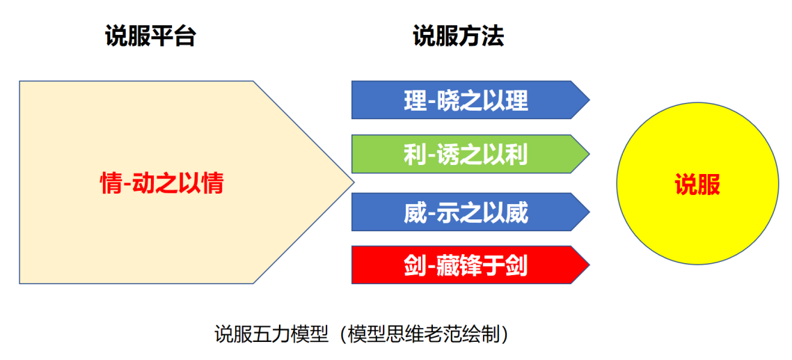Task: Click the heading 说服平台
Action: click(x=150, y=36)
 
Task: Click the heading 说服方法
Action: click(x=457, y=36)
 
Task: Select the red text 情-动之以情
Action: click(x=161, y=184)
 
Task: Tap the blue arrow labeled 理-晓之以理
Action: click(x=466, y=100)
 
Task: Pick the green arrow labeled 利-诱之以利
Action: click(x=466, y=154)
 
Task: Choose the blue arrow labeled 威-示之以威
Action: click(x=466, y=212)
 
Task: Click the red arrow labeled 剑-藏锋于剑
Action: click(x=466, y=265)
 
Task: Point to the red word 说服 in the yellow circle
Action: click(x=697, y=185)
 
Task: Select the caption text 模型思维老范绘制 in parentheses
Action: click(x=423, y=334)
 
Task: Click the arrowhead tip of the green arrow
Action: click(x=589, y=154)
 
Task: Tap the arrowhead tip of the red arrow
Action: click(x=589, y=265)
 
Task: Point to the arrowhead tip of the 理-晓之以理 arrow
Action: click(x=589, y=100)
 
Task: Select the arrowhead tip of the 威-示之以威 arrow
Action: click(x=589, y=212)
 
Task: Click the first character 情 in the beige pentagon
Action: click(x=111, y=184)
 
